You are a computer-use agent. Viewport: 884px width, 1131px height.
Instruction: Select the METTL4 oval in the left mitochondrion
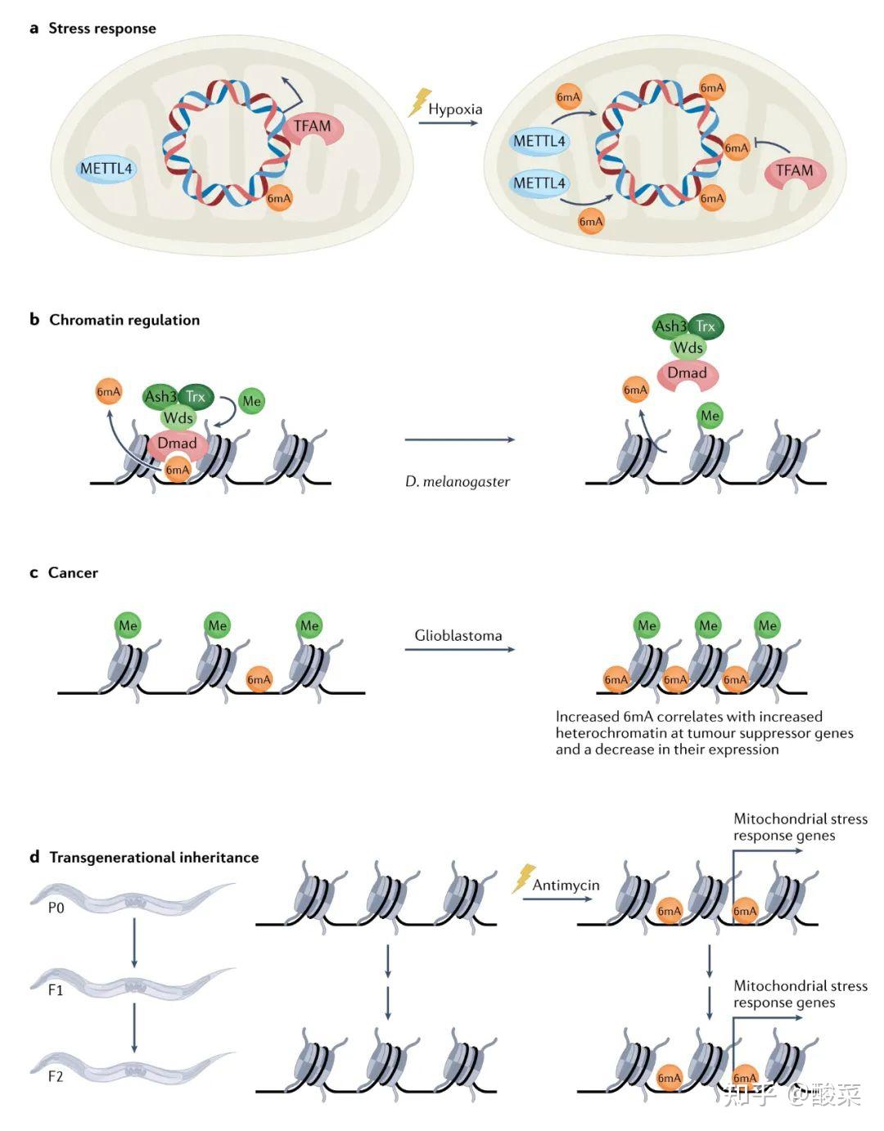[x=106, y=169]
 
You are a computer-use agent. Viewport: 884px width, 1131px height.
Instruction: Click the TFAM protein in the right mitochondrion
[x=794, y=173]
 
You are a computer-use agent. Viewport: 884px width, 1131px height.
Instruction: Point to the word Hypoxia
[x=455, y=110]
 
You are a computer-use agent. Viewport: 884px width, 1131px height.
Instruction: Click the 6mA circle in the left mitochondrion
[x=279, y=198]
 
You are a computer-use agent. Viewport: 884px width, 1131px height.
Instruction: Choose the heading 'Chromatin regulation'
[x=124, y=319]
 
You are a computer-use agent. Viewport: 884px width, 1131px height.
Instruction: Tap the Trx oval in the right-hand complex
[x=706, y=327]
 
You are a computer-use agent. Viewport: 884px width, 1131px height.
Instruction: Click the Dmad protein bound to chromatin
[x=178, y=445]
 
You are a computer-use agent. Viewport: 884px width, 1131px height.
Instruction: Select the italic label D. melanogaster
[x=458, y=482]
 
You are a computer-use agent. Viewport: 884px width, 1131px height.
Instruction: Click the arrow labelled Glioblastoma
[x=459, y=649]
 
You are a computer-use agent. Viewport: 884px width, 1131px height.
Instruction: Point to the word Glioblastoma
[x=458, y=636]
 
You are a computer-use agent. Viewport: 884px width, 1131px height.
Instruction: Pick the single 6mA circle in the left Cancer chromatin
[x=259, y=680]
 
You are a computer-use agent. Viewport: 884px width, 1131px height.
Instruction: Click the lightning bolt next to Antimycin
[x=524, y=878]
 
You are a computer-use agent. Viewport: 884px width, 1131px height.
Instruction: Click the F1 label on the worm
[x=56, y=990]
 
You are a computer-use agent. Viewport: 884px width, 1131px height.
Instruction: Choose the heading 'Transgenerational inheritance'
[x=154, y=857]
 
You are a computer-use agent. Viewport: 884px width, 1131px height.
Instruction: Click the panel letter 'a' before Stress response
[x=34, y=29]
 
